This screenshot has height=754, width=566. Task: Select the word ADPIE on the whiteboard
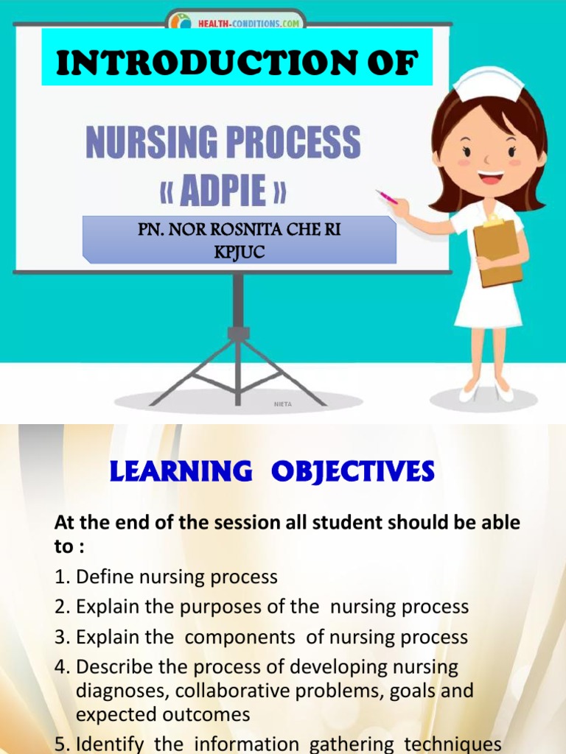click(x=223, y=190)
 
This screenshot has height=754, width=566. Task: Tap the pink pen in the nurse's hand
click(x=386, y=197)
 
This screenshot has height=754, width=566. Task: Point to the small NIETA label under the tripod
click(x=283, y=404)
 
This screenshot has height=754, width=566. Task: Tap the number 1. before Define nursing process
click(x=63, y=577)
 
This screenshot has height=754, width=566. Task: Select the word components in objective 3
click(x=232, y=637)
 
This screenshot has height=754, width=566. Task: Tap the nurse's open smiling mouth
click(x=489, y=177)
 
